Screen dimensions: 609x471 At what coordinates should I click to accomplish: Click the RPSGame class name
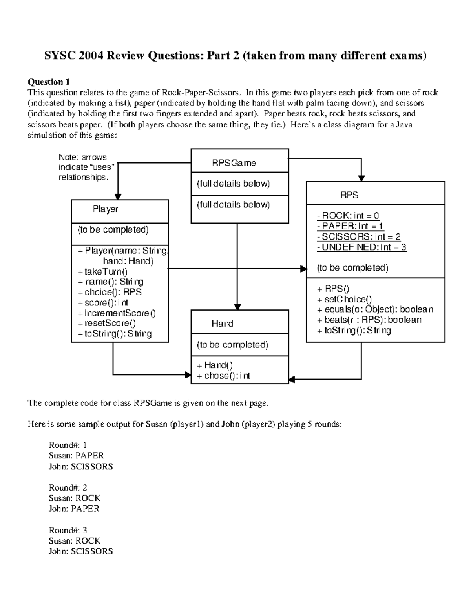(x=234, y=163)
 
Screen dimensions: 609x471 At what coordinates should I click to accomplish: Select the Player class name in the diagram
(x=105, y=209)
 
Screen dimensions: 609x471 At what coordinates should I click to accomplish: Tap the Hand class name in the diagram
(x=222, y=324)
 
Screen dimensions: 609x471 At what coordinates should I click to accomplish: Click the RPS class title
(x=349, y=195)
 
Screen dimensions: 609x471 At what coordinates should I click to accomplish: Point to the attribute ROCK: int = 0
(x=348, y=216)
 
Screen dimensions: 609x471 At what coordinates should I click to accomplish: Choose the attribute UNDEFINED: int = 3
(x=361, y=247)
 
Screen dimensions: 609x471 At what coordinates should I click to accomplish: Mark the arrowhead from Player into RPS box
(x=303, y=269)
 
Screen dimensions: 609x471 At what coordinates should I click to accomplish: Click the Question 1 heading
(x=49, y=82)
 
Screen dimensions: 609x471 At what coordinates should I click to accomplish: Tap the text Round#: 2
(x=68, y=487)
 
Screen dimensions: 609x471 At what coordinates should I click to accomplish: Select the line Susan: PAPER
(x=76, y=456)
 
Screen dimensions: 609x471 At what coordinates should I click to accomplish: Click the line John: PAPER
(x=74, y=509)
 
